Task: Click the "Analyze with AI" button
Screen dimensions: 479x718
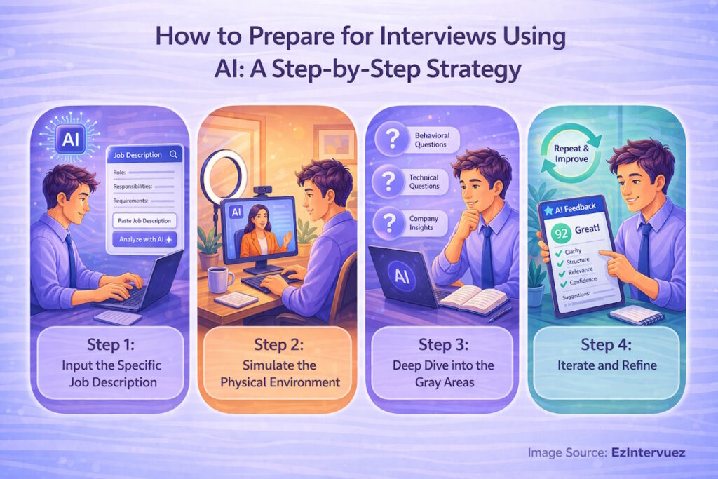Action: [x=145, y=239]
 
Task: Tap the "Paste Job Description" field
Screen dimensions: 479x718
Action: [x=145, y=220]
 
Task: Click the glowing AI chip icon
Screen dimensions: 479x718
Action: [x=70, y=139]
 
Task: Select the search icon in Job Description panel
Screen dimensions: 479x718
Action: [x=172, y=154]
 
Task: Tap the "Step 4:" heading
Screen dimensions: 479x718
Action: [x=607, y=345]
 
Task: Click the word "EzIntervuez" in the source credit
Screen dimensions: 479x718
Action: [x=648, y=453]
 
